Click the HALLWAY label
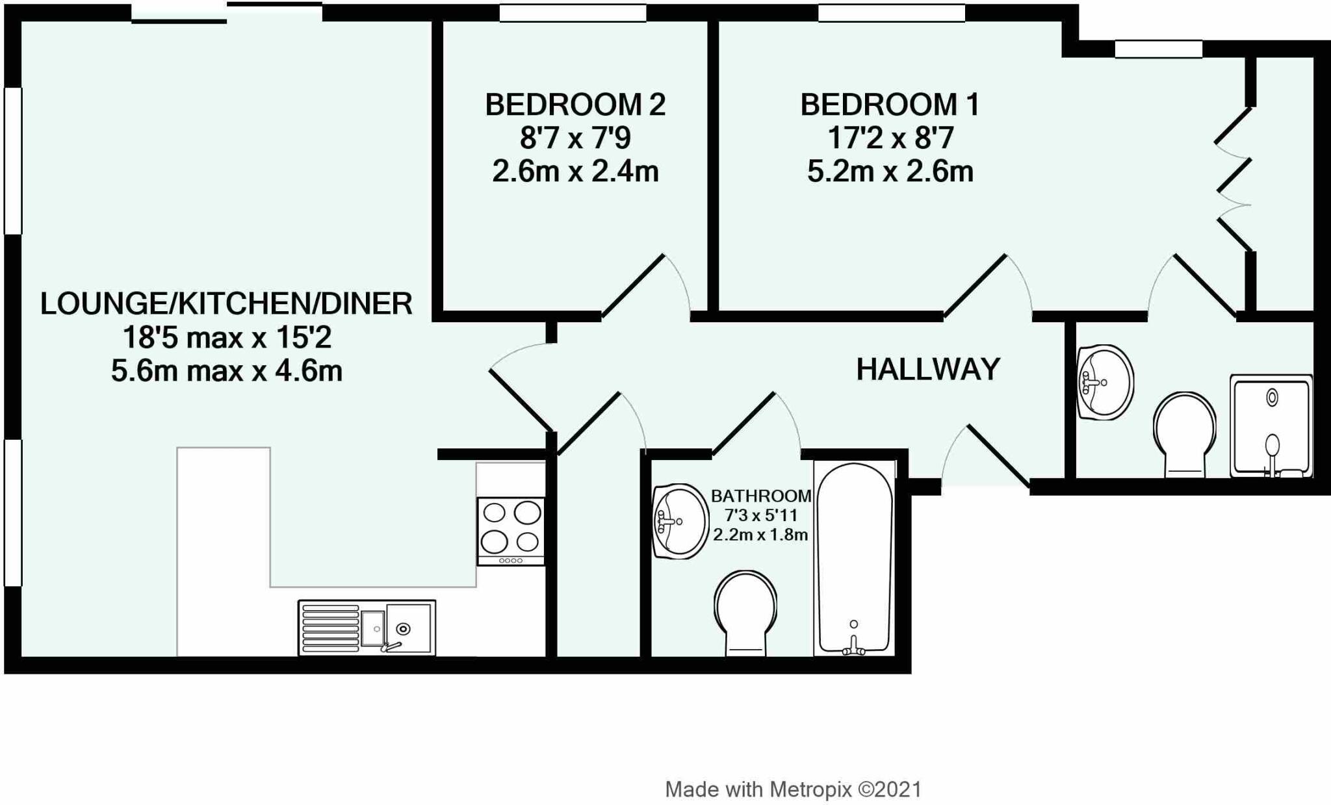coord(927,370)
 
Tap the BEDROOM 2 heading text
coord(575,105)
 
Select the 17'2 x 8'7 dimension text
coord(890,138)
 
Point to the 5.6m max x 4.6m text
coord(226,371)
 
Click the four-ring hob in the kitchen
coord(511,531)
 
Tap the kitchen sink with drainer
coord(367,628)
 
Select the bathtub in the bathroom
coord(854,559)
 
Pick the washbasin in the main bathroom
coord(680,521)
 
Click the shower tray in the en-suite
coord(1271,426)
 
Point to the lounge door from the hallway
coord(520,400)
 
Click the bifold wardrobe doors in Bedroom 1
coord(1234,179)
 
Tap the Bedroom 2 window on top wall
coord(573,13)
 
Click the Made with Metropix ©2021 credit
coord(793,789)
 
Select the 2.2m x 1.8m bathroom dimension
coord(760,535)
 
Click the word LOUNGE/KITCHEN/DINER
coord(226,303)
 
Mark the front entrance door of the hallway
coord(998,455)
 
